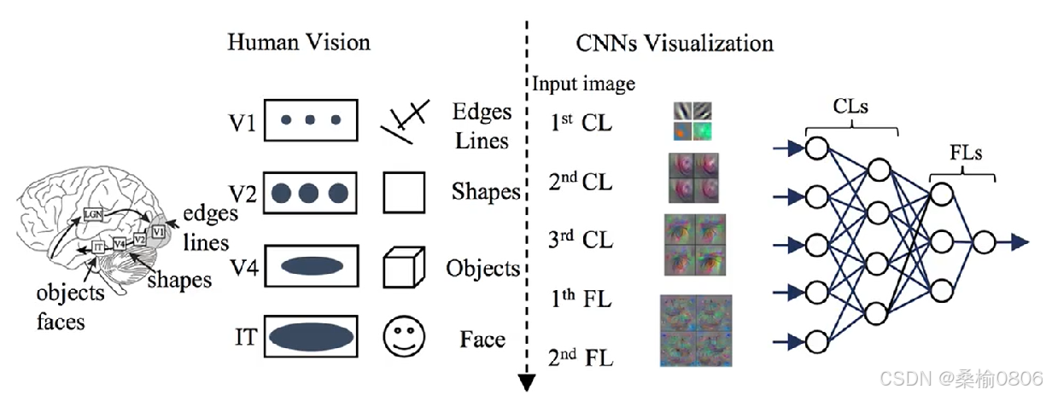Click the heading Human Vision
click(x=299, y=43)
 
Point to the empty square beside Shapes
click(x=405, y=193)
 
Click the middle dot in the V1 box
click(x=311, y=119)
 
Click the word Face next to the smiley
click(x=482, y=340)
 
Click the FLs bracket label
click(x=965, y=154)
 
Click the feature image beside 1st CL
click(x=691, y=121)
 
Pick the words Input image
click(x=583, y=84)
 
